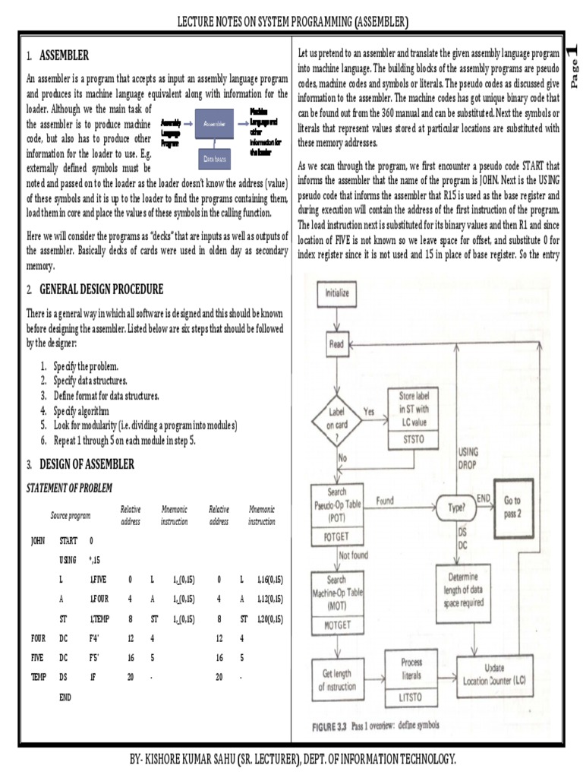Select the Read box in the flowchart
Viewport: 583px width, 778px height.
336,344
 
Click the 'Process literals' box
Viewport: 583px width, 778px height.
411,669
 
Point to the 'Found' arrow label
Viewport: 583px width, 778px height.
385,501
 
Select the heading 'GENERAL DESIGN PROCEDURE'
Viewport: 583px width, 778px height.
94,290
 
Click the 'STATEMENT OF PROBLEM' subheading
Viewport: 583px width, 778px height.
69,487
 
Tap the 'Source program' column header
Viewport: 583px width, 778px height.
71,514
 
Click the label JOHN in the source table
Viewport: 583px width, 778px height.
38,542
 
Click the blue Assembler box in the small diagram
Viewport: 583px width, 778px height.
219,121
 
